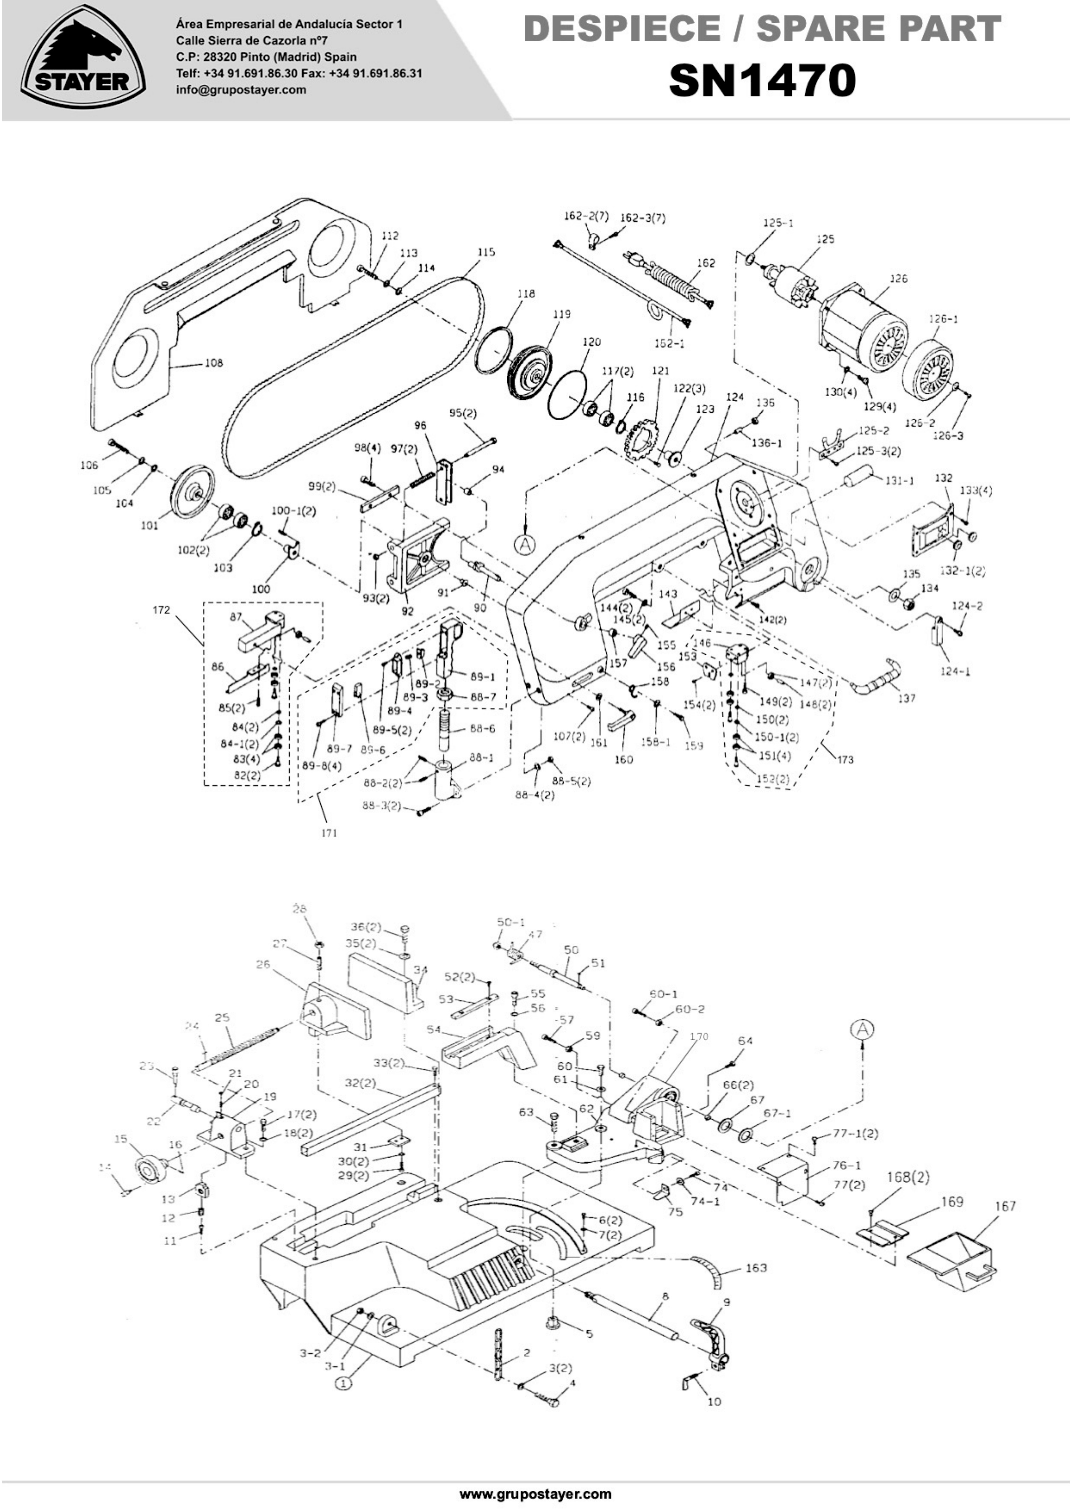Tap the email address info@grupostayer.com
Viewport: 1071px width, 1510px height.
[241, 90]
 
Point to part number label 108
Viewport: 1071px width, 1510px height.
[214, 363]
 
